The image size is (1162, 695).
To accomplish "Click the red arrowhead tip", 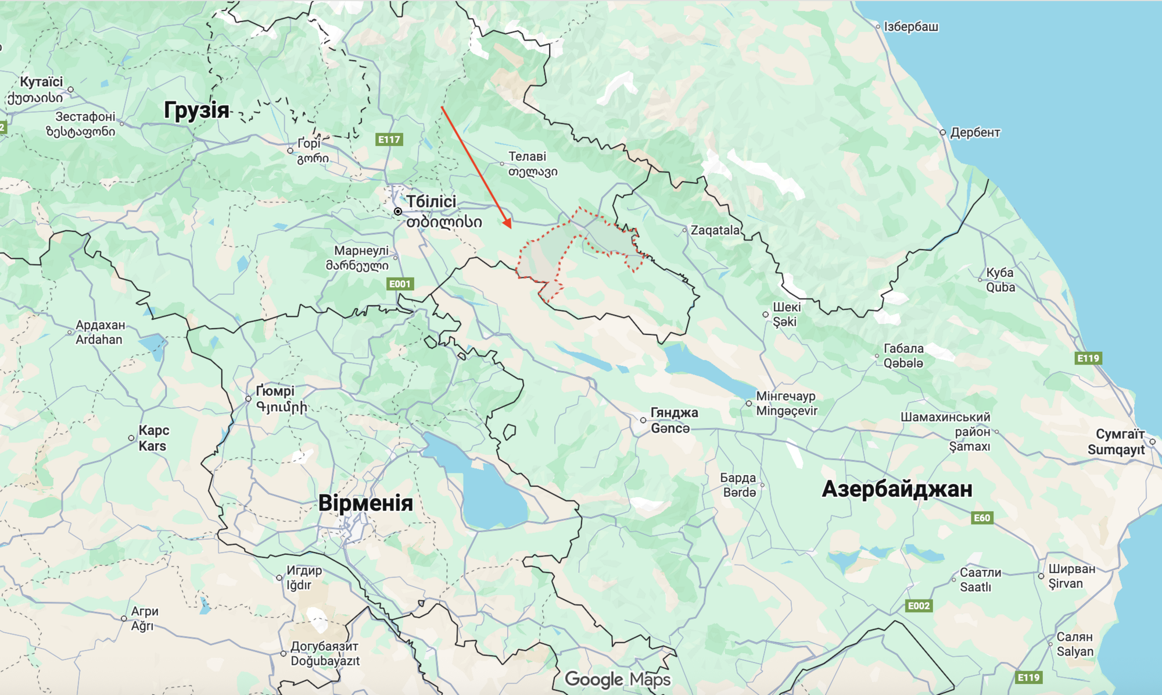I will tap(510, 227).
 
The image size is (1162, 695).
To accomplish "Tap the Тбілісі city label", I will tap(431, 202).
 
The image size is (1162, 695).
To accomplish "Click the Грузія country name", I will tap(196, 110).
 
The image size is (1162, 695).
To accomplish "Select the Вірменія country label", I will tap(365, 503).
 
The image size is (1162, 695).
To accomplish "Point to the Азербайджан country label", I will tap(896, 489).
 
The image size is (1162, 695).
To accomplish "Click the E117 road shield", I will tap(389, 140).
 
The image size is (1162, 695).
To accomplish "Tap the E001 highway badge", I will tap(400, 284).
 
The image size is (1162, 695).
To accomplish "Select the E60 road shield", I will tap(981, 518).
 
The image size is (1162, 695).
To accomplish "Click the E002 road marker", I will tap(918, 605).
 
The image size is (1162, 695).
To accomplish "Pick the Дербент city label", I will tap(975, 133).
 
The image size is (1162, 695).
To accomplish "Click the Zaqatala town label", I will tap(715, 230).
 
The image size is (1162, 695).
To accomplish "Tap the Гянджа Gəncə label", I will tap(673, 420).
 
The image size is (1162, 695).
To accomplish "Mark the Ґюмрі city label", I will tap(276, 391).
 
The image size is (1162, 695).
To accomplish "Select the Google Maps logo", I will tap(617, 679).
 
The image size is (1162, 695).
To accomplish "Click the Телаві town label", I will tap(527, 156).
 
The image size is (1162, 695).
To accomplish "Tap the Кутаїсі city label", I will tap(41, 82).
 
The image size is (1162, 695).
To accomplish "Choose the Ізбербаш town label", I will tap(910, 27).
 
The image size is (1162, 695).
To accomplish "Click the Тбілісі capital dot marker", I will tap(398, 211).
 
